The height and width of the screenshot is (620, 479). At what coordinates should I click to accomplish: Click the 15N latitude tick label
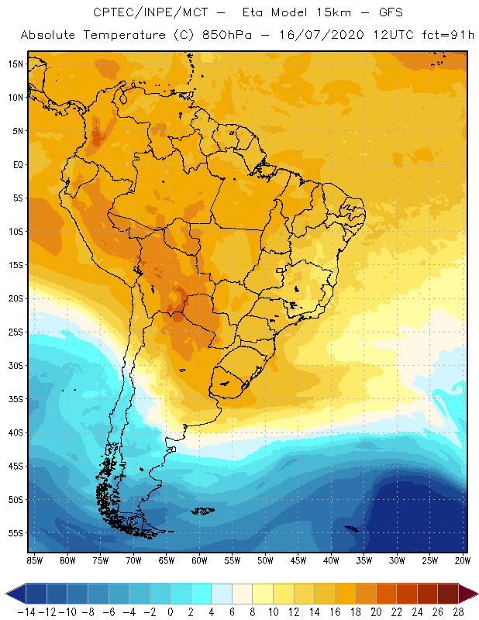pyautogui.click(x=16, y=64)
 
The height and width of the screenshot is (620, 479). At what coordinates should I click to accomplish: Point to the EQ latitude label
pyautogui.click(x=17, y=164)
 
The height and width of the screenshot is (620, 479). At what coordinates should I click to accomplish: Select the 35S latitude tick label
pyautogui.click(x=16, y=399)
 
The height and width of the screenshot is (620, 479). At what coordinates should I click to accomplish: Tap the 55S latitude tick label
pyautogui.click(x=16, y=533)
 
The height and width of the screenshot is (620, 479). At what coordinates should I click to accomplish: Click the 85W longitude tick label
pyautogui.click(x=34, y=560)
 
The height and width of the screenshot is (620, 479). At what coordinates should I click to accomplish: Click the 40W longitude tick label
pyautogui.click(x=331, y=560)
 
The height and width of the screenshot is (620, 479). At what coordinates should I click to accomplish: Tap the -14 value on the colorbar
pyautogui.click(x=26, y=611)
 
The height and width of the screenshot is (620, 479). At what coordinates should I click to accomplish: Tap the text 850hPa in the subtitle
pyautogui.click(x=233, y=36)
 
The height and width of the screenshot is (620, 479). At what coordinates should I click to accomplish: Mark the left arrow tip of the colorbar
pyautogui.click(x=7, y=594)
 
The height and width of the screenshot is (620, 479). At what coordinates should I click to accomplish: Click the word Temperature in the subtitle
pyautogui.click(x=128, y=36)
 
